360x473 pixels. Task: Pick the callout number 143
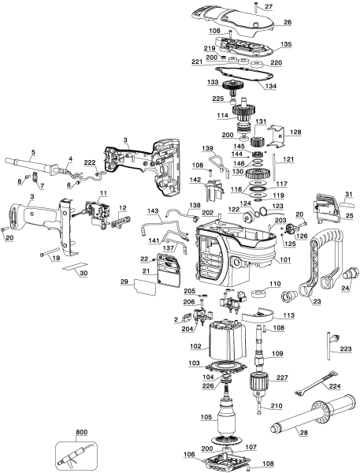(153, 211)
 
